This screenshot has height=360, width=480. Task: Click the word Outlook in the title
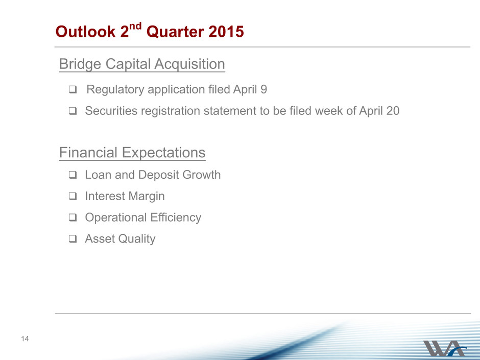pyautogui.click(x=85, y=32)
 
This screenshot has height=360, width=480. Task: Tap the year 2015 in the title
pyautogui.click(x=226, y=32)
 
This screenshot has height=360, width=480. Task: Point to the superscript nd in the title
pyautogui.click(x=135, y=26)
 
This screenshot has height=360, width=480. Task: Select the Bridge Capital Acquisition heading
pyautogui.click(x=142, y=64)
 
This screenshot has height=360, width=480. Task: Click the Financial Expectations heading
pyautogui.click(x=132, y=153)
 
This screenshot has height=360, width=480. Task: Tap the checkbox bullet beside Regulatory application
pyautogui.click(x=73, y=89)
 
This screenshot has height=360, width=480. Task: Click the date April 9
pyautogui.click(x=250, y=89)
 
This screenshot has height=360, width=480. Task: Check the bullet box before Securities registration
pyautogui.click(x=73, y=111)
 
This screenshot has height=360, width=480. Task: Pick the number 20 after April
pyautogui.click(x=393, y=111)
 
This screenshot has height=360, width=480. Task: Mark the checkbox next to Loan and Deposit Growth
pyautogui.click(x=73, y=175)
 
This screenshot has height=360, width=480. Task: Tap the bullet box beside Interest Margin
pyautogui.click(x=73, y=196)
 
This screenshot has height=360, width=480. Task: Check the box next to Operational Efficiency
pyautogui.click(x=73, y=218)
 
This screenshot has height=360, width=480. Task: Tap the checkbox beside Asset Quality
pyautogui.click(x=73, y=239)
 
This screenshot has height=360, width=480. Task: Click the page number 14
pyautogui.click(x=25, y=339)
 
